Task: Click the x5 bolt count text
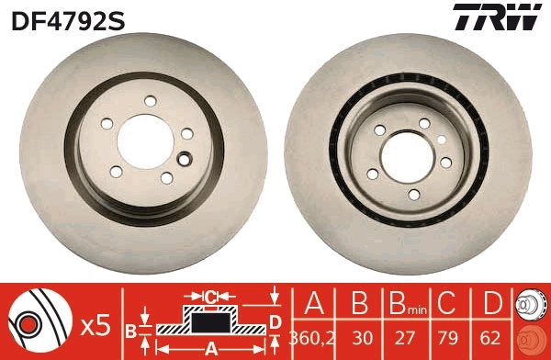click(95, 323)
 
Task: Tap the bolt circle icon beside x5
click(40, 322)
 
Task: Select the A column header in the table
click(314, 304)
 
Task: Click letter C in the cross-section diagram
click(210, 296)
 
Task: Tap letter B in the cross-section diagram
click(130, 330)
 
